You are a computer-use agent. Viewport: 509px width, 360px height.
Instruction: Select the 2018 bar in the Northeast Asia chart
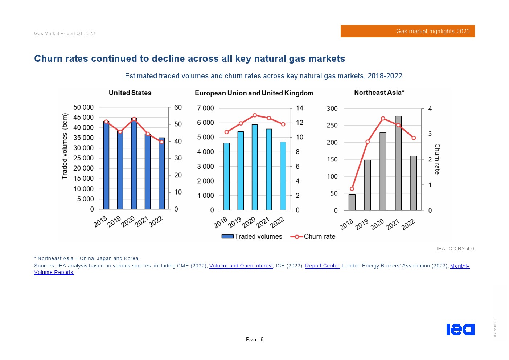click(352, 202)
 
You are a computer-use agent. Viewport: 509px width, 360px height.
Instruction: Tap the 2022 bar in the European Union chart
click(283, 176)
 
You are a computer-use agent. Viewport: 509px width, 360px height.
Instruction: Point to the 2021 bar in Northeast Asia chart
click(398, 163)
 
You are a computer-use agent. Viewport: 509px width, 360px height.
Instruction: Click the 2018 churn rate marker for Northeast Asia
click(352, 189)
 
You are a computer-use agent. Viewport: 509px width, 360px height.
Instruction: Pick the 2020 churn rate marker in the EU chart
click(255, 115)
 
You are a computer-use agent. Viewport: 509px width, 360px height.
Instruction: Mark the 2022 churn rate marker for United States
click(161, 142)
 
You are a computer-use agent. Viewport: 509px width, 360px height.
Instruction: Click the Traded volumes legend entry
click(252, 237)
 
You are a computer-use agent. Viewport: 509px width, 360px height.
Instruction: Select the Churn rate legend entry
click(313, 237)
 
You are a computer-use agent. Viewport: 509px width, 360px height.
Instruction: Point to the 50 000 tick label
click(83, 107)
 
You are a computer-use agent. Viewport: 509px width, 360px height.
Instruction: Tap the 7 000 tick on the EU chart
click(205, 108)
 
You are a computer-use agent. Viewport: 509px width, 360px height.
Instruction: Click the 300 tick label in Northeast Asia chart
click(332, 109)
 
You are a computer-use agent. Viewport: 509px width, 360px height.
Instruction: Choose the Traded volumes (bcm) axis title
click(65, 146)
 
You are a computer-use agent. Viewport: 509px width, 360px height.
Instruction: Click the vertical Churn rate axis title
click(437, 159)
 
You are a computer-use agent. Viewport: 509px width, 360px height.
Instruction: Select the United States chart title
click(130, 93)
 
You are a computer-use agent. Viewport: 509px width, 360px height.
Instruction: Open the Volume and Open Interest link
click(241, 266)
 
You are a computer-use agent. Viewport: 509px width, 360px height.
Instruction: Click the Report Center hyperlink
click(322, 266)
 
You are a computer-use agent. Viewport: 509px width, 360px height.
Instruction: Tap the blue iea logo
click(460, 329)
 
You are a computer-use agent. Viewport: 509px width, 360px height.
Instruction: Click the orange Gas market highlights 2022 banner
click(407, 31)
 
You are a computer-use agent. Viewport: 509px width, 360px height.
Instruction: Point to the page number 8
click(262, 340)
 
